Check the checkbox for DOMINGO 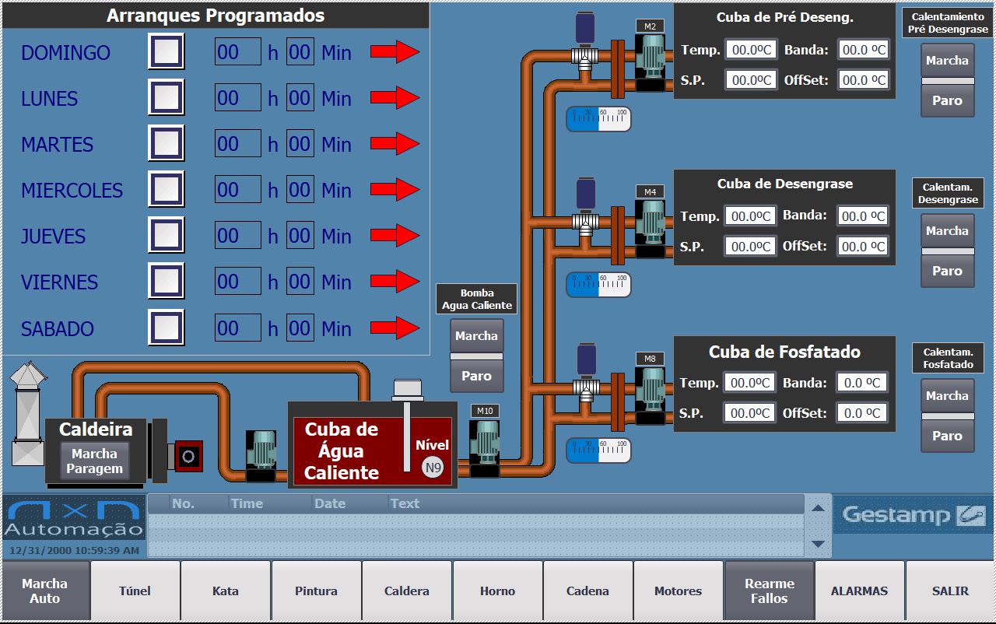coord(166,52)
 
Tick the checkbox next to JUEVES coord(166,236)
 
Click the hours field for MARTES coord(237,144)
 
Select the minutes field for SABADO coord(300,328)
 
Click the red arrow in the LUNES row coord(395,98)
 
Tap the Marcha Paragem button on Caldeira coord(94,461)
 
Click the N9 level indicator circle coord(433,468)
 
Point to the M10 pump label coord(485,411)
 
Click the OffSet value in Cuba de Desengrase coord(863,247)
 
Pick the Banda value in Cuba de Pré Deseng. coord(864,50)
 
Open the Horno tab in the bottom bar coord(497,591)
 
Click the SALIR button coord(950,591)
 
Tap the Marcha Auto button coord(44,591)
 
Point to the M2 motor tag coord(650,26)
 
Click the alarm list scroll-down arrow coord(817,544)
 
